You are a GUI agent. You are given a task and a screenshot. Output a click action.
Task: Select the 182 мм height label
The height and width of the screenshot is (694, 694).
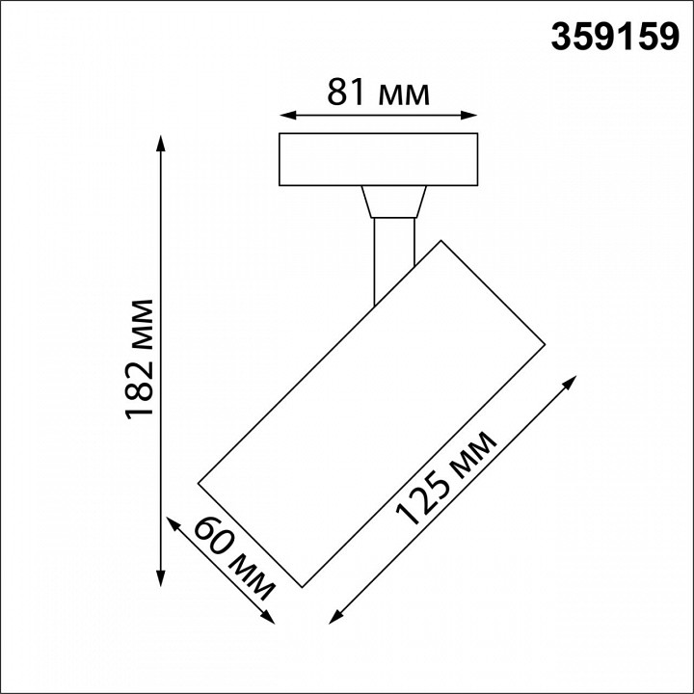coord(141,360)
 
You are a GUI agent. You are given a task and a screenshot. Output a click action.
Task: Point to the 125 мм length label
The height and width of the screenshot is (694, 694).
coord(447,478)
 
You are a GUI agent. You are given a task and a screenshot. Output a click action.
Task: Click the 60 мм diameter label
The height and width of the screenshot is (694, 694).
coord(234,556)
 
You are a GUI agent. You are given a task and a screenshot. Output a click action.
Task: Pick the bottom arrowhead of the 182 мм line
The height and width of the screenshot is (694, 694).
coord(161,579)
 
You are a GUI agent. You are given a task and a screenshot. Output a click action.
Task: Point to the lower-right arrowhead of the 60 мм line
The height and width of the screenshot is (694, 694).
coord(267,618)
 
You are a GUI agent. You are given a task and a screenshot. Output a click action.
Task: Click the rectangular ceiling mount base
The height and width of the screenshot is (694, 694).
coord(378,160)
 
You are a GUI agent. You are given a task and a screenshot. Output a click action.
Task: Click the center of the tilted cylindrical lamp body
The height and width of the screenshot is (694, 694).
coord(372,412)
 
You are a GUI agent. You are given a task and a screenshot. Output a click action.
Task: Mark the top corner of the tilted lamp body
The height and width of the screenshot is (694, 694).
coord(441,238)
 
